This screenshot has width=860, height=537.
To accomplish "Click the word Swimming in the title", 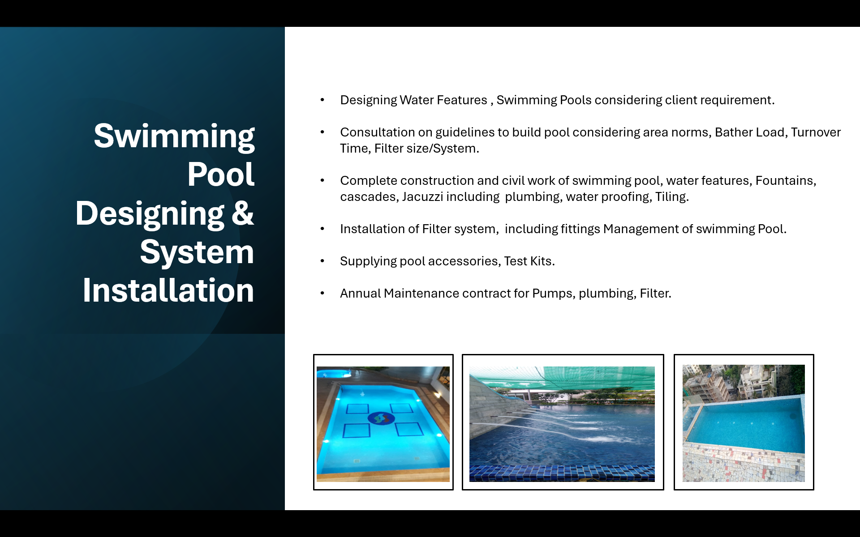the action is point(174,136).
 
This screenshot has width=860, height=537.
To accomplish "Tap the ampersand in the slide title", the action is point(243,213).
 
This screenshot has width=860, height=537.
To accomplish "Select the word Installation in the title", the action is point(168,290).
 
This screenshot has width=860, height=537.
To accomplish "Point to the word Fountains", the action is point(786,181).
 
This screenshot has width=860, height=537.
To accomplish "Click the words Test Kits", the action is point(529,261).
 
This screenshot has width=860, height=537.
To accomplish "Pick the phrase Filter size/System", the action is point(426,149).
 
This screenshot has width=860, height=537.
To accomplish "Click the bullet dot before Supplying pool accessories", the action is point(322,261).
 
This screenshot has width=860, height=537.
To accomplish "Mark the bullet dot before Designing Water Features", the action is point(322,100).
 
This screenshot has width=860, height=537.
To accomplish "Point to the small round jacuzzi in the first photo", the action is point(334,373).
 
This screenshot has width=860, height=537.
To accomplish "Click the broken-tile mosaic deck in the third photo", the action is point(744,463).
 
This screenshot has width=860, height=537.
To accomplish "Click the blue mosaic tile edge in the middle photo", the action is point(562,473).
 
